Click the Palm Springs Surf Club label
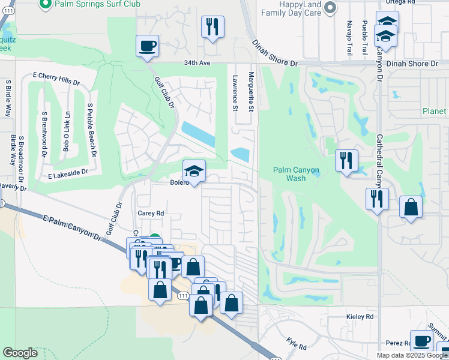[x=97, y=4]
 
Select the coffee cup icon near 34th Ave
[x=147, y=46]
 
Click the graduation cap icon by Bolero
[x=194, y=172]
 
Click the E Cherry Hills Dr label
[x=56, y=78]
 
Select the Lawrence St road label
[x=235, y=92]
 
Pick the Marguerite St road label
[x=252, y=92]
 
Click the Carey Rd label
[x=151, y=213]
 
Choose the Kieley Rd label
[x=360, y=316]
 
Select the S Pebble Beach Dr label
[x=92, y=130]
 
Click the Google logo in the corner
[x=20, y=353]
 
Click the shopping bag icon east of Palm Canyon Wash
[x=411, y=208]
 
